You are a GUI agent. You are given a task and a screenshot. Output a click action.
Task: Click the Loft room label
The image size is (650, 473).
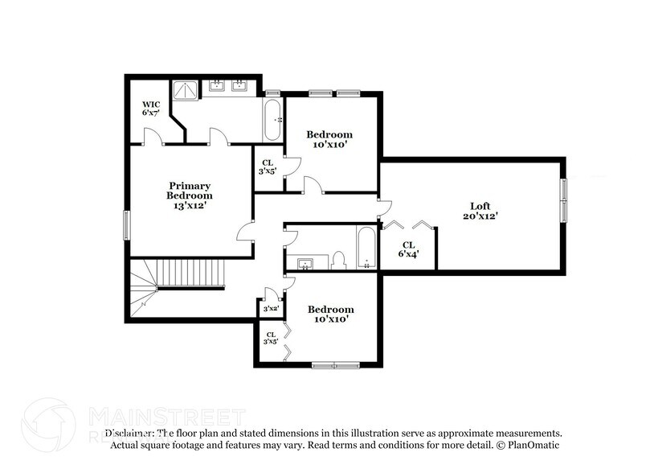click(480, 206)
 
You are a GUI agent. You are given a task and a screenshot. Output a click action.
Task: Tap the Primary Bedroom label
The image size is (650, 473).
click(190, 191)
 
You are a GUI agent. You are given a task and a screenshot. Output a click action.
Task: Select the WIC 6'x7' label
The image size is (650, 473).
click(151, 109)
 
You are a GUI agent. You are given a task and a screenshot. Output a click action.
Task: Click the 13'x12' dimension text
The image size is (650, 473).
click(190, 206)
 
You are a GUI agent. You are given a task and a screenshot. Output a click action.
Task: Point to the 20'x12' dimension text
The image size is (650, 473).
click(480, 216)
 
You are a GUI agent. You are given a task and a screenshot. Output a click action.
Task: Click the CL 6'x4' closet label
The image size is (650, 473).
click(408, 249)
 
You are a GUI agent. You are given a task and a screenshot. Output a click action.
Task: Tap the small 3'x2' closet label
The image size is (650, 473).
click(271, 308)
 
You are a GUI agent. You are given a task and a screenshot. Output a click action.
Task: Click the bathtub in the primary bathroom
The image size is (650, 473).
click(272, 121)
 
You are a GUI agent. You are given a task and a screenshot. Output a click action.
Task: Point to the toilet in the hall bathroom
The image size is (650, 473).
click(338, 260)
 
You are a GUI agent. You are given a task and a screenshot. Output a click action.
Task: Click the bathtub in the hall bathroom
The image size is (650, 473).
click(366, 248)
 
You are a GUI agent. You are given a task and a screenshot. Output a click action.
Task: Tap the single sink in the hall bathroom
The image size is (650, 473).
click(306, 263)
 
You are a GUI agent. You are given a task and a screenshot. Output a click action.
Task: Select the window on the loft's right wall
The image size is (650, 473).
click(564, 200)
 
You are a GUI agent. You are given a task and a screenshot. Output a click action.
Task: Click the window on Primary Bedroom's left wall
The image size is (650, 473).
click(126, 224)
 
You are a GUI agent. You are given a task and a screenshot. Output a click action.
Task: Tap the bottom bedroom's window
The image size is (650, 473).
click(336, 365)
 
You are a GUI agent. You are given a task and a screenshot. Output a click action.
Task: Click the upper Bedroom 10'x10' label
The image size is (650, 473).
click(330, 139)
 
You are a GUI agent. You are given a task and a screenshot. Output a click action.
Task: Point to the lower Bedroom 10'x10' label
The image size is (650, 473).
click(330, 315)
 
